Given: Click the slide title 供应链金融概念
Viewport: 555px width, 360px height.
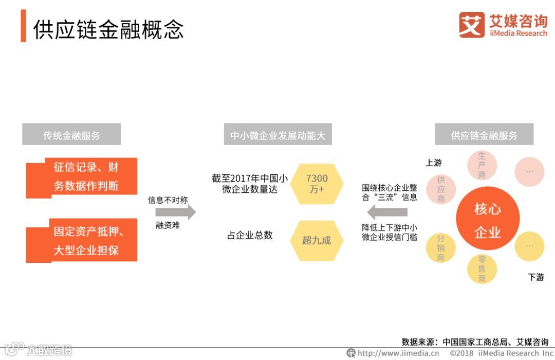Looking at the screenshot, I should click(x=108, y=30).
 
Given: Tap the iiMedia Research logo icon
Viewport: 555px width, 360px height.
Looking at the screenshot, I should click(x=471, y=25).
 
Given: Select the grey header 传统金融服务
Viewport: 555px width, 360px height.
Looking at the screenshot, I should click(x=71, y=135).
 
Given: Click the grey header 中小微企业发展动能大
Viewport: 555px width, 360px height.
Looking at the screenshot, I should click(x=277, y=136).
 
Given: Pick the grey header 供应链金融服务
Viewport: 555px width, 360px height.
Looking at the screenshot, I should click(x=484, y=135).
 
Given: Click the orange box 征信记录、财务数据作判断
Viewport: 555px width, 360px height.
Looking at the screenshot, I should click(x=82, y=177).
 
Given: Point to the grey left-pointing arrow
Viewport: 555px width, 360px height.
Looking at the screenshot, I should click(x=387, y=211).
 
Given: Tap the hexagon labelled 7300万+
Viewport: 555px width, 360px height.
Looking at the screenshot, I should click(x=316, y=184).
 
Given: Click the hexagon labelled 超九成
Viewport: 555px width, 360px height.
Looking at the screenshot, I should click(x=316, y=240).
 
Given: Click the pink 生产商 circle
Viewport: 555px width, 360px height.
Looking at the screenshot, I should click(x=482, y=166).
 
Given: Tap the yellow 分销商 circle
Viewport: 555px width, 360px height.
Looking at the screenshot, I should click(x=440, y=248).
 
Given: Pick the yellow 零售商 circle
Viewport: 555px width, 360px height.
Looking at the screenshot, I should click(x=482, y=269).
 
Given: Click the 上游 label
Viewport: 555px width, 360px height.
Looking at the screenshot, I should click(x=434, y=163).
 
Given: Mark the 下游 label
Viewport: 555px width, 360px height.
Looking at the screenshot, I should click(x=535, y=277).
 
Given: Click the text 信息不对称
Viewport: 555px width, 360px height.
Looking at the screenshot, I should click(x=168, y=200).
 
